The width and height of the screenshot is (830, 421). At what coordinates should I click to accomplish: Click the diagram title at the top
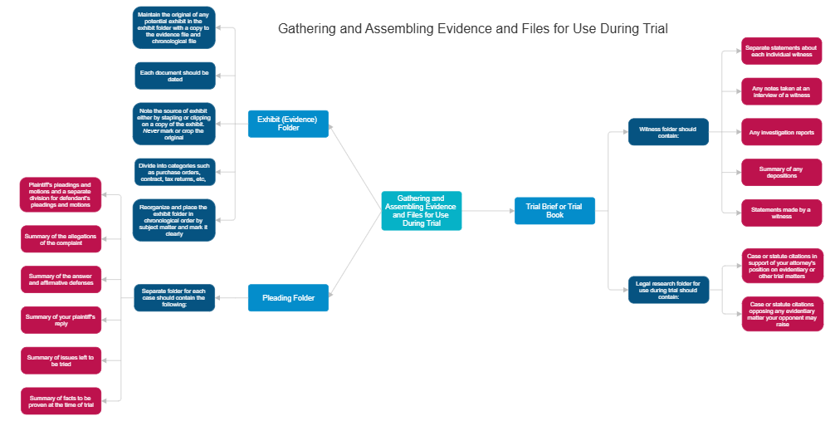(x=472, y=29)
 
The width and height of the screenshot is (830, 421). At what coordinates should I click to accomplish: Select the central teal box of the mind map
(x=421, y=211)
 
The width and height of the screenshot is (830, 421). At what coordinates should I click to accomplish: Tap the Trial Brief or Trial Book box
(x=554, y=211)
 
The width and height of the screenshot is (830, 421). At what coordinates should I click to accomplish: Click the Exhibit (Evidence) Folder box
(x=288, y=124)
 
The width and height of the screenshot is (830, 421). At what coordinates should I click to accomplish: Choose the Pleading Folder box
(x=288, y=297)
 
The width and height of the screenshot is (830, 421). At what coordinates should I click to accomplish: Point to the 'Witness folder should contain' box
(x=668, y=132)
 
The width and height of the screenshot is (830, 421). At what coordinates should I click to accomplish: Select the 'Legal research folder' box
(x=668, y=290)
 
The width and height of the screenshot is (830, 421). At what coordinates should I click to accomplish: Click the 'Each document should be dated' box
(x=174, y=76)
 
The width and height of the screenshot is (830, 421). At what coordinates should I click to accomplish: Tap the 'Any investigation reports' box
(x=782, y=132)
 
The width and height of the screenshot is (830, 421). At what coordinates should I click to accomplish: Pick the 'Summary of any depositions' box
(x=782, y=173)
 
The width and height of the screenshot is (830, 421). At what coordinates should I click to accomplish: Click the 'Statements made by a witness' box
(x=782, y=213)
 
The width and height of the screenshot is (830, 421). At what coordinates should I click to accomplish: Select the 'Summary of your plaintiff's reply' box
(x=61, y=320)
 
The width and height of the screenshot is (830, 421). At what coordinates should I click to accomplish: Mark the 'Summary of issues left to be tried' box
(x=61, y=360)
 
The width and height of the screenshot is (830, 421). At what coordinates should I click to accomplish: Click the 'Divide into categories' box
(x=174, y=173)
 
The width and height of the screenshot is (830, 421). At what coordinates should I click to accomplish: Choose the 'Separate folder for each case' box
(x=174, y=298)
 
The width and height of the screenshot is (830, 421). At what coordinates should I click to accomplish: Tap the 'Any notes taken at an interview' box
(x=782, y=91)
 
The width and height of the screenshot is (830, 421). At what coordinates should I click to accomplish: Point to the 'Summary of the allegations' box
(x=61, y=239)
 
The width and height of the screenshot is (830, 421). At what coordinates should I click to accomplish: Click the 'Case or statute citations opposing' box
(x=782, y=314)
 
